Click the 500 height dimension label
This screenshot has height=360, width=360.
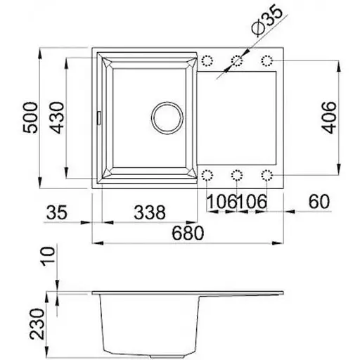tap(30, 117)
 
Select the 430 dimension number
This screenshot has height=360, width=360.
tap(57, 117)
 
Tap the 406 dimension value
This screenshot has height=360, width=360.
tap(328, 117)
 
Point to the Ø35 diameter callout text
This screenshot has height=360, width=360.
tap(267, 20)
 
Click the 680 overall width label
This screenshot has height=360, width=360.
tap(188, 233)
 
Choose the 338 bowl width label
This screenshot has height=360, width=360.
tap(150, 212)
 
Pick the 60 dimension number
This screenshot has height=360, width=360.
tap(319, 202)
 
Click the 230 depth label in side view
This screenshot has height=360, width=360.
tap(37, 324)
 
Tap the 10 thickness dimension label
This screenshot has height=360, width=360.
tap(48, 257)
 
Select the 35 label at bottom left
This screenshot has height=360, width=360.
tap(57, 212)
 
